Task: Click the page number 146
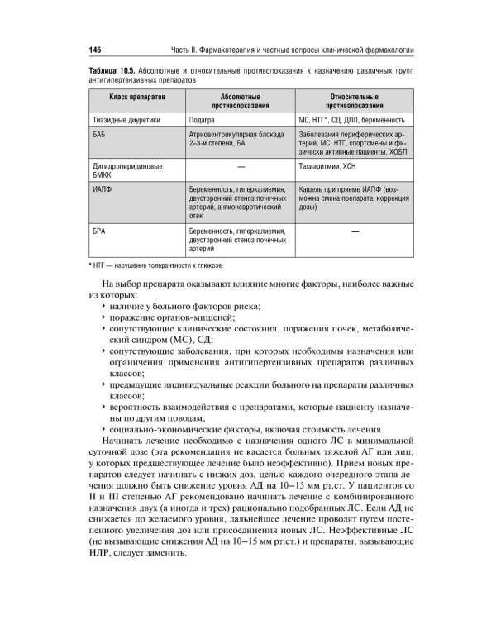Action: click(94, 48)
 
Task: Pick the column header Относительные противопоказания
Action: click(354, 102)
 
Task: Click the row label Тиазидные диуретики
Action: click(126, 120)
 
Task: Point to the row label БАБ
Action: click(100, 133)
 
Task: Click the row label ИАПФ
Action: click(103, 189)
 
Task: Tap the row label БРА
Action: click(100, 231)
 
